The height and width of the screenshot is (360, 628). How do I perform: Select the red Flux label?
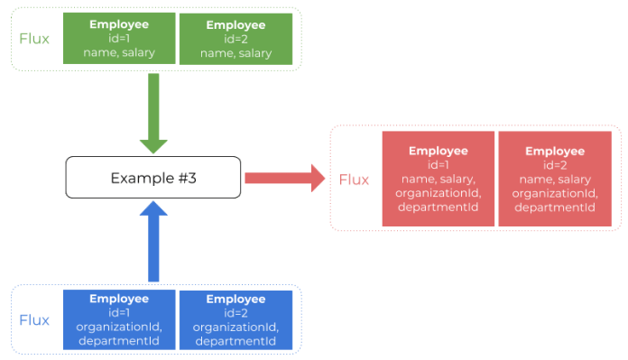[x=355, y=180]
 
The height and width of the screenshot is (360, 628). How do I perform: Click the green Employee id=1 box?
[x=121, y=39]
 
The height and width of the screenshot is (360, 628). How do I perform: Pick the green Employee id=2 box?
[x=236, y=39]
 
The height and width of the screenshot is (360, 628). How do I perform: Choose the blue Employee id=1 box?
[x=119, y=319]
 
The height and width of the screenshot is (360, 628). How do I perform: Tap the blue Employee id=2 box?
[x=236, y=319]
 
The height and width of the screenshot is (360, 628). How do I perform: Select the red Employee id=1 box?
[x=439, y=179]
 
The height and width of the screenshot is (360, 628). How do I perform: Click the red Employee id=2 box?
[x=555, y=179]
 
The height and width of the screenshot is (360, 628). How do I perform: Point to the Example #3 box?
[x=153, y=178]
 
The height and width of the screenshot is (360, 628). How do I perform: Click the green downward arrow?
[x=153, y=113]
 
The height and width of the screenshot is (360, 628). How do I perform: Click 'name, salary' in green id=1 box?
[x=121, y=53]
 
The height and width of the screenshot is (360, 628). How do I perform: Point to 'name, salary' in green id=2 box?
[x=236, y=53]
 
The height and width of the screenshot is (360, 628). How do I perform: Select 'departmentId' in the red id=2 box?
[x=555, y=208]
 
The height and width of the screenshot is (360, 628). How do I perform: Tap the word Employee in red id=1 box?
[x=439, y=151]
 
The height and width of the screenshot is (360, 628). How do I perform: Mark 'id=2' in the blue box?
[x=236, y=312]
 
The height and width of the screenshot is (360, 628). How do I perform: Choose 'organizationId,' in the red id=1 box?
[x=439, y=193]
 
